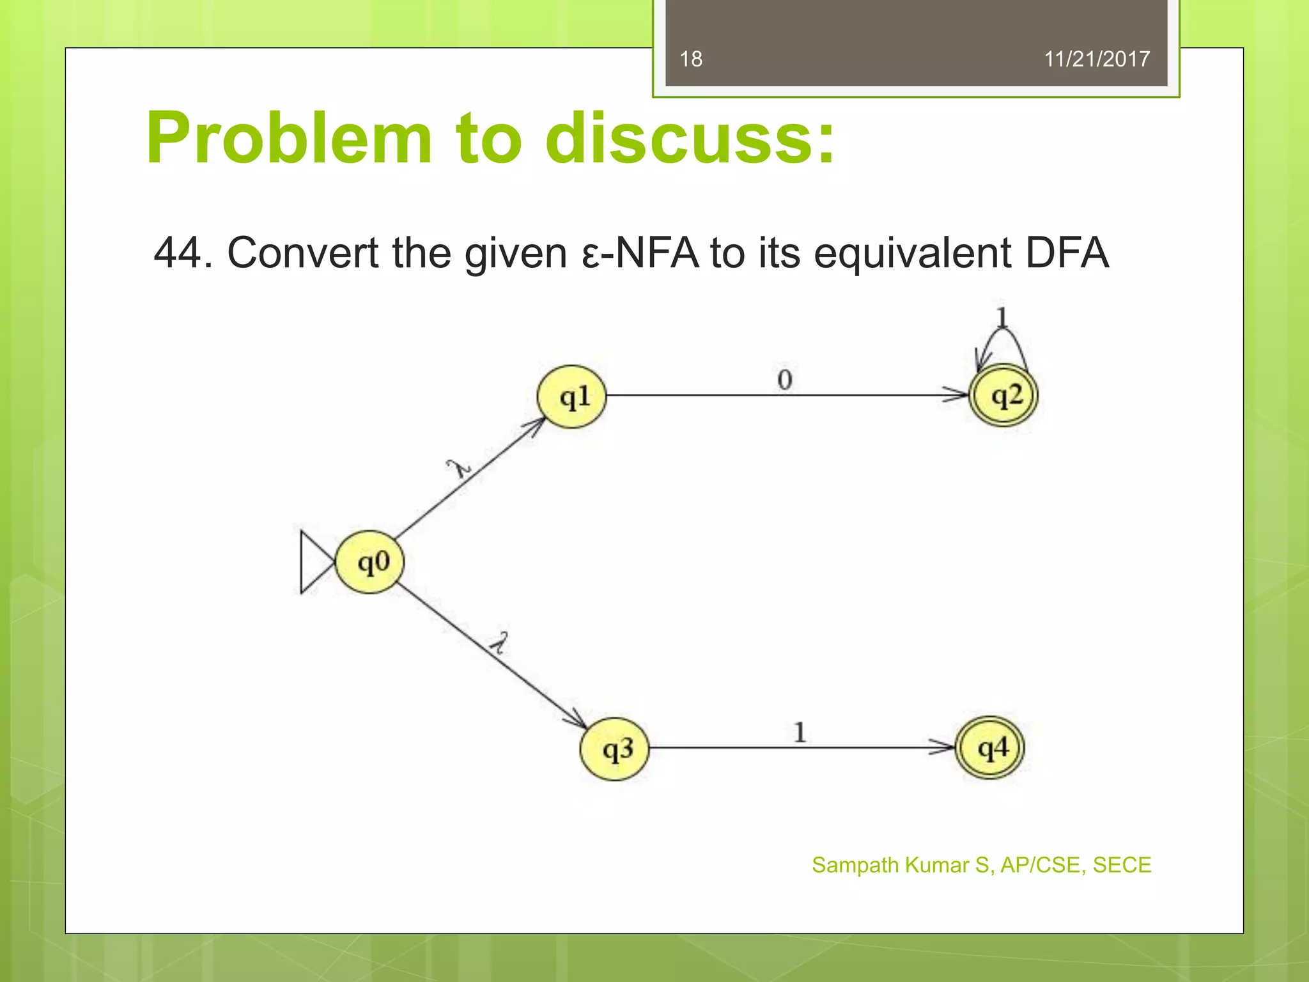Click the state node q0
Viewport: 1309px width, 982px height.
370,563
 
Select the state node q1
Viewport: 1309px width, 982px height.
571,396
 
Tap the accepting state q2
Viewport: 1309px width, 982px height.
1003,396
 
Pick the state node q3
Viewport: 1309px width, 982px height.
615,748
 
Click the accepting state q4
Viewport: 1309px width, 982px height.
990,747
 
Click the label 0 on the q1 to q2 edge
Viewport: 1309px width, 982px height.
785,380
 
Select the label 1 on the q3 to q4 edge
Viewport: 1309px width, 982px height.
800,732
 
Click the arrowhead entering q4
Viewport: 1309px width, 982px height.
943,747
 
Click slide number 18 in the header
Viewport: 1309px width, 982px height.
691,59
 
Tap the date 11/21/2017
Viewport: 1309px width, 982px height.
1097,59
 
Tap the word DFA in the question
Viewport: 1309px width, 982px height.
1067,253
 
